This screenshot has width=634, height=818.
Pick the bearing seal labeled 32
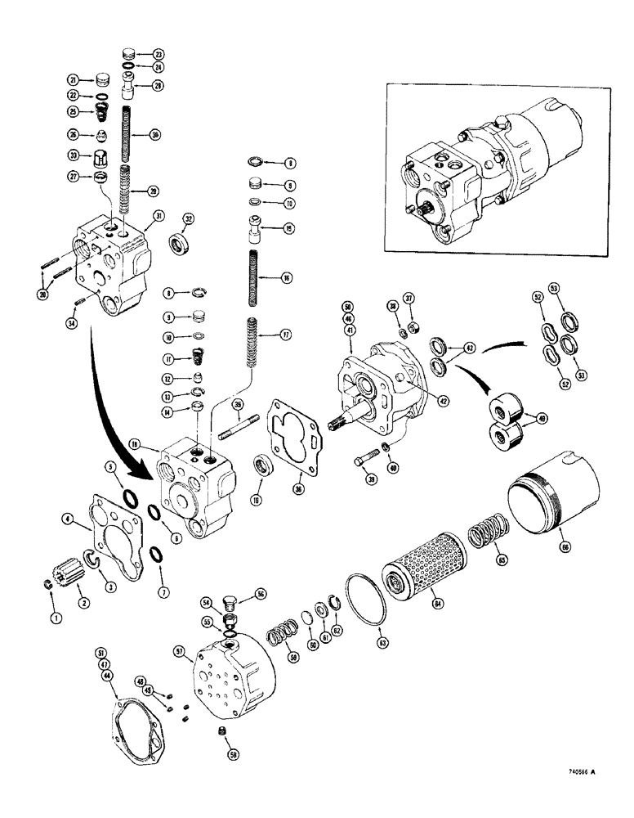[180, 245]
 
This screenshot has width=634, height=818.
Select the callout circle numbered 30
[154, 134]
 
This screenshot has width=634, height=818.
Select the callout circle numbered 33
[74, 156]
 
